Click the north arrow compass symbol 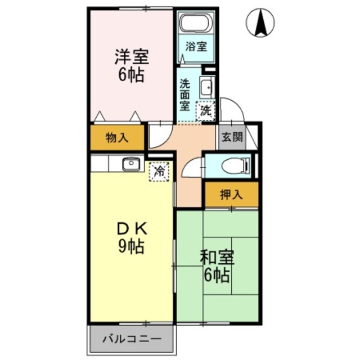(260, 22)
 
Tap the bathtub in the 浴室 (195, 23)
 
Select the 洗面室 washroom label (184, 94)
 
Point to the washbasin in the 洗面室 (206, 88)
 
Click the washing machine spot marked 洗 (206, 110)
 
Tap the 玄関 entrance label (231, 136)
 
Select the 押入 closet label (231, 195)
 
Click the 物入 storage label (117, 137)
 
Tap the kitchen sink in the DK (132, 163)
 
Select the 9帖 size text (132, 246)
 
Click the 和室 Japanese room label (217, 258)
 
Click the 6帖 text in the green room (217, 276)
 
